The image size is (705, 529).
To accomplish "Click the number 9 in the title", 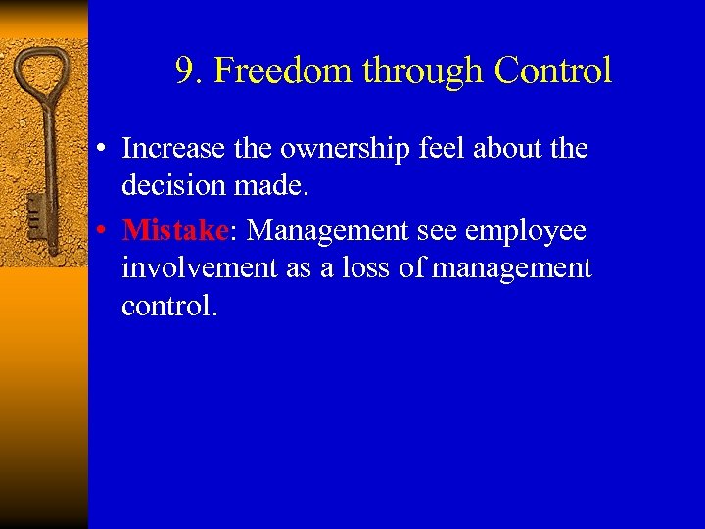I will point(186,71).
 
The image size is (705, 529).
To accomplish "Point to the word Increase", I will point(173,148).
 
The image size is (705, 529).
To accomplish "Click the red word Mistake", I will point(174,230).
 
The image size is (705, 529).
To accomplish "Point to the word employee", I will point(525,230).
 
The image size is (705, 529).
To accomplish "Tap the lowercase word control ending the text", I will point(167,305).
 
